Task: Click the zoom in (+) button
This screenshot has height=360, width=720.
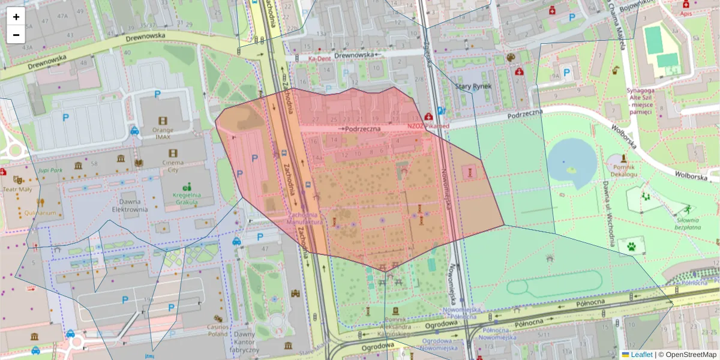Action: (x=16, y=17)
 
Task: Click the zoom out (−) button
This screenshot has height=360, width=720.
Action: (x=16, y=34)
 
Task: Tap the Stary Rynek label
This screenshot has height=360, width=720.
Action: (x=473, y=86)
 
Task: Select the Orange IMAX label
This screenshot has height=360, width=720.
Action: (x=163, y=133)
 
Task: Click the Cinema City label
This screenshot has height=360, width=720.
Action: (x=164, y=166)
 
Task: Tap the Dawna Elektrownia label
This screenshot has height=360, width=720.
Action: (x=130, y=206)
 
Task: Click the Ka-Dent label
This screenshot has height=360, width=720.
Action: (x=320, y=59)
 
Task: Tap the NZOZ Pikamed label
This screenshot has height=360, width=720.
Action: (x=428, y=126)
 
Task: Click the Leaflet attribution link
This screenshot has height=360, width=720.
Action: (x=641, y=355)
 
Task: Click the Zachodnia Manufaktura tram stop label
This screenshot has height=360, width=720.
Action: (x=305, y=218)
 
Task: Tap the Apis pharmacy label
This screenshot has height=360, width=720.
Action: (x=686, y=13)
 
